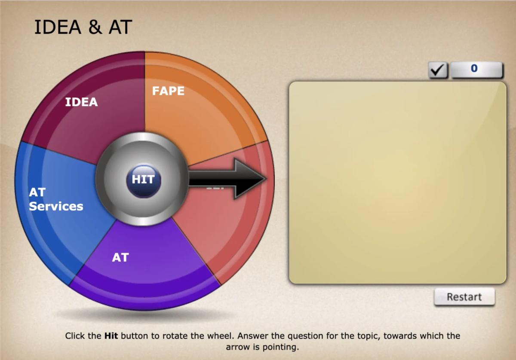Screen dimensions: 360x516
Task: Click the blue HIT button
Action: coord(143,180)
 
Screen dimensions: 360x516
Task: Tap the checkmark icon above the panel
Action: coord(438,70)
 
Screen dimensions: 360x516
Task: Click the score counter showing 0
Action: coord(476,69)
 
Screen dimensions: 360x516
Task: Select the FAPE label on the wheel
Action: coord(168,91)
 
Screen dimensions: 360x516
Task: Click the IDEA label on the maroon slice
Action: coord(81,102)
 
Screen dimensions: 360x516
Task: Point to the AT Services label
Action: coord(55,199)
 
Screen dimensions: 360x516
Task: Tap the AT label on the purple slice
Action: coord(120,257)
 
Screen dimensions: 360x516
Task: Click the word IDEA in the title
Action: coord(58,27)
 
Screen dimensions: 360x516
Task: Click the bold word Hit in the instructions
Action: coord(111,336)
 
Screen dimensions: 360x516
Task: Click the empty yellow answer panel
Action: coord(397,183)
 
